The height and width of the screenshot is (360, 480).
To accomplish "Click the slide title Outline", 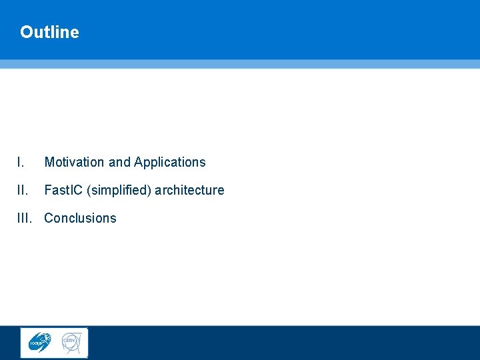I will pos(49,32).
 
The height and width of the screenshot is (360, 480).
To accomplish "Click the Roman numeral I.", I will pos(21,162).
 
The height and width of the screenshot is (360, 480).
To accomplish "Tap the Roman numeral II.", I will pos(23,190).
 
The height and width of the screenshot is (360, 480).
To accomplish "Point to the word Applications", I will pos(169,162).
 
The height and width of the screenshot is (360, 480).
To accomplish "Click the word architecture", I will pos(189,190).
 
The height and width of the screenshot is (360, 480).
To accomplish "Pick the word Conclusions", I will pos(80,218).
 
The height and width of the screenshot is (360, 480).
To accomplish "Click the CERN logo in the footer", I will pos(71,342).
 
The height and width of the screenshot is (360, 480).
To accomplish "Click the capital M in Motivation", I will pos(49,162).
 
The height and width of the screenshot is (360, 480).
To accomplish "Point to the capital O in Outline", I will pos(26,32).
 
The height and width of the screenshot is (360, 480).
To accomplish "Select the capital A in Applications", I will pos(138,162).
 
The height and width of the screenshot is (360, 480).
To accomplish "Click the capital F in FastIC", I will pos(47,190).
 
